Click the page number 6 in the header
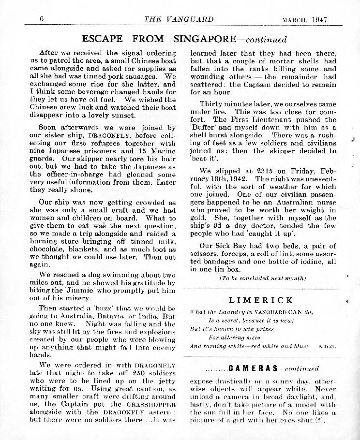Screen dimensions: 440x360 pos(42,19)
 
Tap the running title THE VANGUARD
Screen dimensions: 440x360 pos(179,19)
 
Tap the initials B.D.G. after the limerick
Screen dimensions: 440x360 pos(327,346)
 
